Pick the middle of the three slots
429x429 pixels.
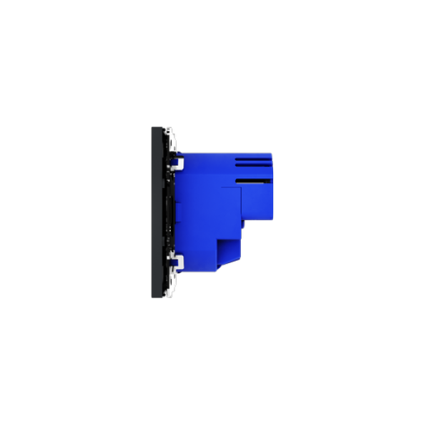coord(255,162)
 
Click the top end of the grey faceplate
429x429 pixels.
coord(156,128)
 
